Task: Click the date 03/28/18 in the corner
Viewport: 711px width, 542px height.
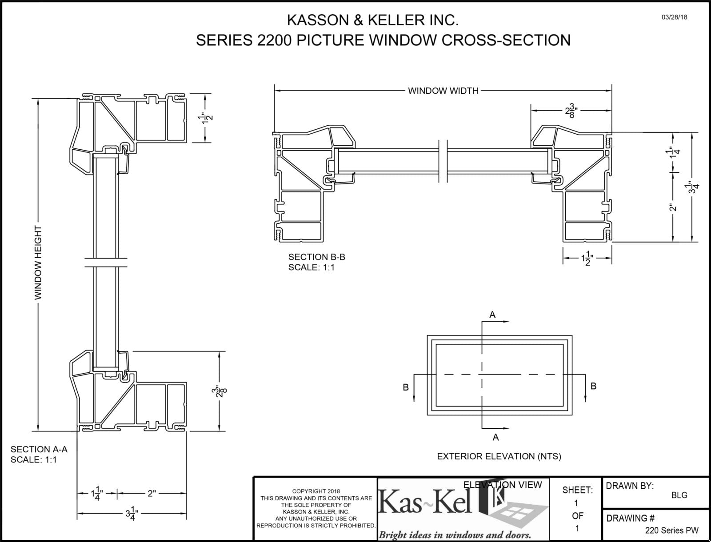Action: [x=674, y=17]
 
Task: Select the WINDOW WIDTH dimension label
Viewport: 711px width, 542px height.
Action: [x=443, y=91]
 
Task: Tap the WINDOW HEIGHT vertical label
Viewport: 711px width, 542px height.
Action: [x=38, y=262]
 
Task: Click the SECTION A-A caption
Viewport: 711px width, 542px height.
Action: [x=39, y=449]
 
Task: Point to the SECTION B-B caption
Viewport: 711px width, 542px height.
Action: [x=316, y=257]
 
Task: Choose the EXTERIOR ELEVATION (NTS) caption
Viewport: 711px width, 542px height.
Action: [x=499, y=456]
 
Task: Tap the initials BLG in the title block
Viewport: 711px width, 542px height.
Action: [x=679, y=495]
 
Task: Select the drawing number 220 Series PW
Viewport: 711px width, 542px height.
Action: [x=672, y=530]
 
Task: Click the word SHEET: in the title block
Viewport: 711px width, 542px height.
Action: [x=577, y=490]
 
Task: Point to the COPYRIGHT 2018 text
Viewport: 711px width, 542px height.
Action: [x=316, y=491]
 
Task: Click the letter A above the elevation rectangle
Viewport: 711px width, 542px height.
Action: [x=492, y=315]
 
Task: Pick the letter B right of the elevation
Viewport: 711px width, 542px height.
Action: [x=594, y=386]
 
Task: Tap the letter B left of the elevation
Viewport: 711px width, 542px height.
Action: [x=405, y=387]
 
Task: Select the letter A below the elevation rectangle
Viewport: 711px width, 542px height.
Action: [x=495, y=438]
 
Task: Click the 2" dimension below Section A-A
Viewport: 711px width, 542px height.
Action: [x=152, y=493]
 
